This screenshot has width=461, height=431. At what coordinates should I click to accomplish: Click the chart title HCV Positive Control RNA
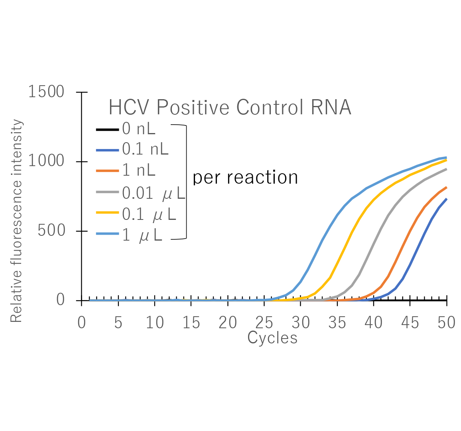[x=230, y=108]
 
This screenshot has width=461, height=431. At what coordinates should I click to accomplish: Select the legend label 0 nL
[x=138, y=129]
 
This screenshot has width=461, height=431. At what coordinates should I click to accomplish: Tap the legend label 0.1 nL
[x=145, y=149]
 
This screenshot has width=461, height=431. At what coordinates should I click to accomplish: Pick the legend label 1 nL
[x=138, y=170]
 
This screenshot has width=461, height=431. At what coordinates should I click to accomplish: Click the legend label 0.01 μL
[x=154, y=193]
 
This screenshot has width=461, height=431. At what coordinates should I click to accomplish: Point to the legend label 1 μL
[x=142, y=235]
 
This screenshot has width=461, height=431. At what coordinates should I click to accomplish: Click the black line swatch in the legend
[x=107, y=129]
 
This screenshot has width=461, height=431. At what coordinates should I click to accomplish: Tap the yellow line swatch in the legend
[x=107, y=213]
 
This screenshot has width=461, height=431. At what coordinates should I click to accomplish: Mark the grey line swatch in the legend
[x=107, y=192]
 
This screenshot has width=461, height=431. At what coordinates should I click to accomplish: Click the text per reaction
[x=245, y=178]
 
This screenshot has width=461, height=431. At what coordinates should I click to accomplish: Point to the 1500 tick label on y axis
[x=46, y=92]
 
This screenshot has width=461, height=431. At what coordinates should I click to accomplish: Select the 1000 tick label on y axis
[x=46, y=161]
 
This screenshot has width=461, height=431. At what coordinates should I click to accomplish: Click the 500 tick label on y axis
[x=51, y=231]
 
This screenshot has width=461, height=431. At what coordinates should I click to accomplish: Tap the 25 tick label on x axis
[x=264, y=323]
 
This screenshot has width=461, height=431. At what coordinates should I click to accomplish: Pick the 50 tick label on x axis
[x=446, y=323]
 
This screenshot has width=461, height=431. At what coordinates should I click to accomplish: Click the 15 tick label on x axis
[x=191, y=323]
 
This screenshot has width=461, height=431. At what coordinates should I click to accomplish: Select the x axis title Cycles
[x=272, y=338]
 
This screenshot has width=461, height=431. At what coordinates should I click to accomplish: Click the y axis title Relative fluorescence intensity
[x=16, y=221]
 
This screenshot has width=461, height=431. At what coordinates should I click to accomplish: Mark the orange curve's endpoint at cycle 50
[x=446, y=187]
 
